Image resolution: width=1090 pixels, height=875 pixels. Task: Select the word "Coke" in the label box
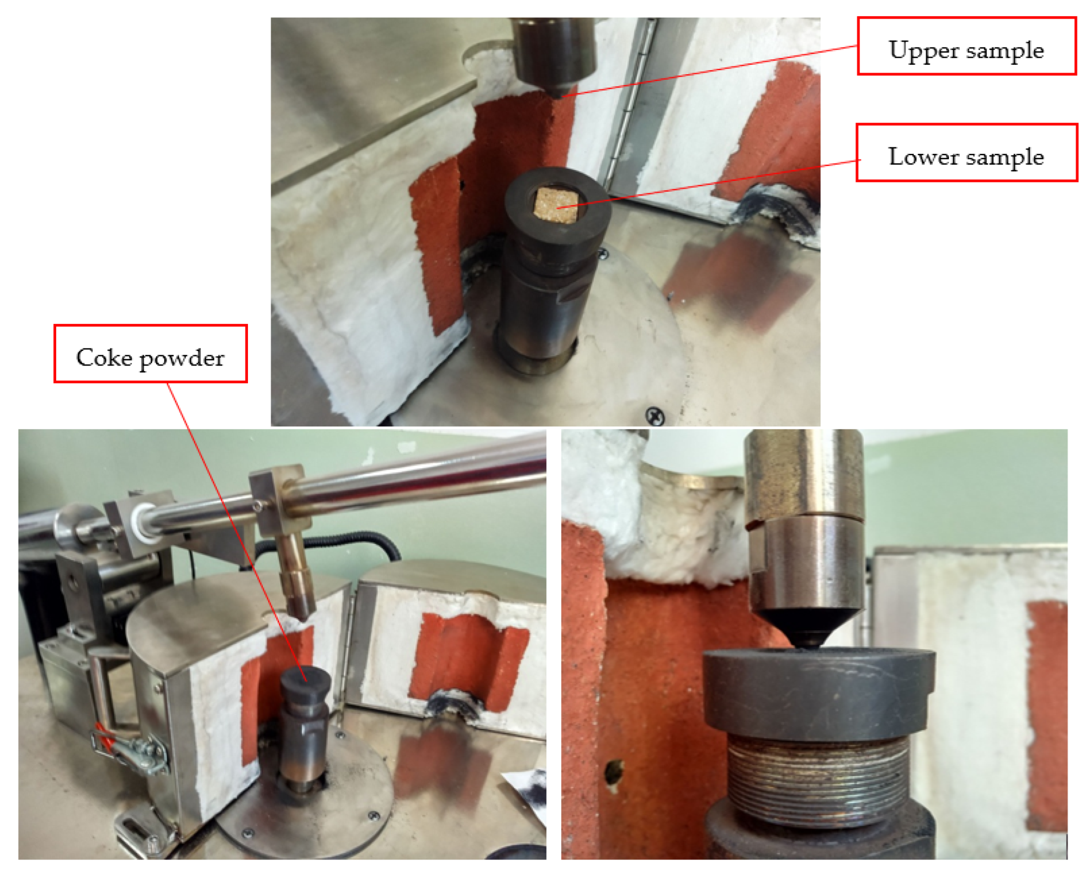click(x=104, y=358)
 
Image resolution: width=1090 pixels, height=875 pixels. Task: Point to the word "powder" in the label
click(x=182, y=359)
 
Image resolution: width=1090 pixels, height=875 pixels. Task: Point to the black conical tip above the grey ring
click(x=808, y=629)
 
